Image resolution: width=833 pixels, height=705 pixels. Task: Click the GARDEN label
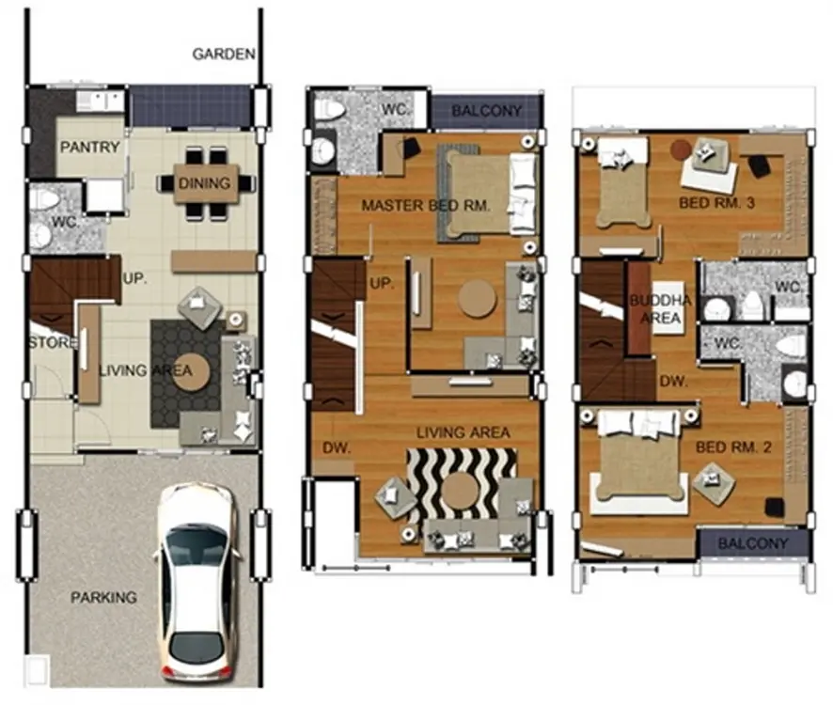(224, 54)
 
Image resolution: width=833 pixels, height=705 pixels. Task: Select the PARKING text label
(103, 597)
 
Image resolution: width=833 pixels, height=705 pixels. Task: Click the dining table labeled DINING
(206, 183)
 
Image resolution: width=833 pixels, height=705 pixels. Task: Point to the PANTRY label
(89, 148)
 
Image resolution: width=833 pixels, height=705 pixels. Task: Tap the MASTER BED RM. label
(426, 206)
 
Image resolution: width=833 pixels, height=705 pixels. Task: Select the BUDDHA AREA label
(660, 309)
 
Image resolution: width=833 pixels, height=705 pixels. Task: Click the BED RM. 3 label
(716, 203)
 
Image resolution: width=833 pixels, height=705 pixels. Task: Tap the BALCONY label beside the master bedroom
(487, 111)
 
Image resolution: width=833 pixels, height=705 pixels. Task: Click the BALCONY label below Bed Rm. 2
(753, 543)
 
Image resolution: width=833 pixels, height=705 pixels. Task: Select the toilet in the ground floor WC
(43, 201)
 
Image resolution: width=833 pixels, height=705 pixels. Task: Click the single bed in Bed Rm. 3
(623, 181)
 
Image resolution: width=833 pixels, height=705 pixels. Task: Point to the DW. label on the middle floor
(337, 447)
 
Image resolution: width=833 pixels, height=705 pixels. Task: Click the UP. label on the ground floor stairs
(135, 278)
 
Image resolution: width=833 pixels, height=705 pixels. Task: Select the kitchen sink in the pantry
(101, 101)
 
